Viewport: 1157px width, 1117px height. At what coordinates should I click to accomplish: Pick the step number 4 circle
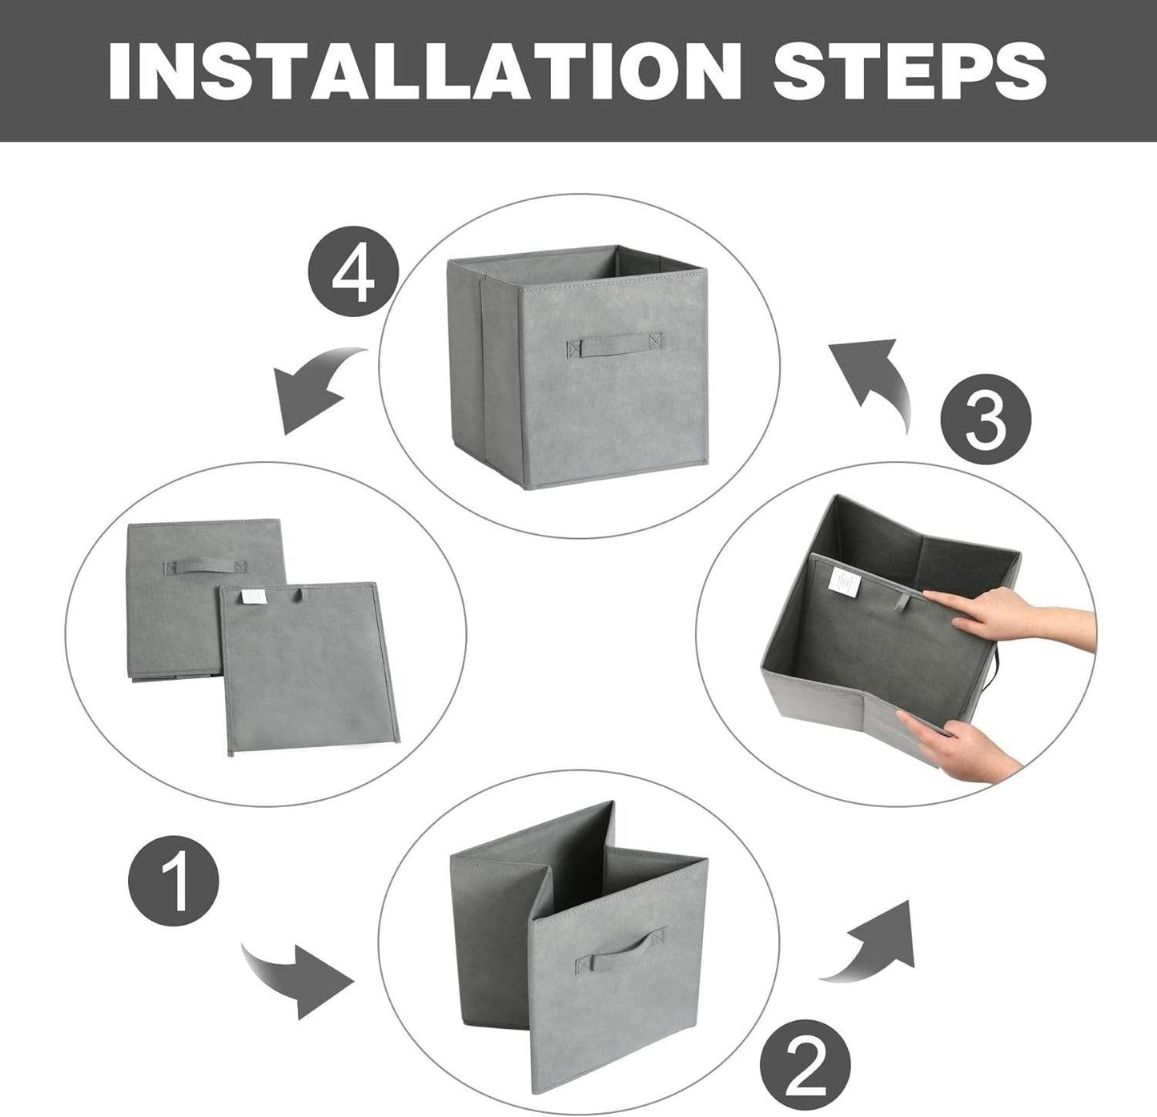tap(353, 275)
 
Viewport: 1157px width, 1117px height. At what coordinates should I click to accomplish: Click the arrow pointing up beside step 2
tap(874, 942)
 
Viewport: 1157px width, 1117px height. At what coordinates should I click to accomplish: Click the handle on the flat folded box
tap(202, 568)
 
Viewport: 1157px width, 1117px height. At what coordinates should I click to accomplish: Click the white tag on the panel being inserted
tap(843, 581)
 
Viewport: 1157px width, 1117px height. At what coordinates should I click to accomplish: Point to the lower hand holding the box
tap(961, 737)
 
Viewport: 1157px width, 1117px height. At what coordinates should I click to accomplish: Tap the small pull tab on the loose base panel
tap(300, 596)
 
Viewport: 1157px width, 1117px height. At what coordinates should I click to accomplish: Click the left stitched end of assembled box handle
tap(574, 348)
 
